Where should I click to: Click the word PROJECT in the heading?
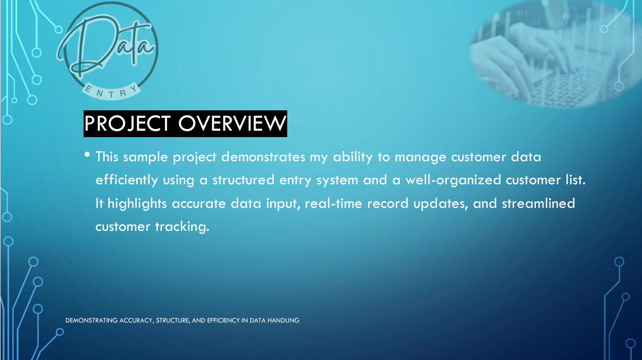click(128, 124)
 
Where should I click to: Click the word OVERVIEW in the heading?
click(232, 124)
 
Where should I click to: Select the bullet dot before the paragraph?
click(87, 155)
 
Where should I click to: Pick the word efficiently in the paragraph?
click(126, 181)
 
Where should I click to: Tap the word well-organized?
click(453, 181)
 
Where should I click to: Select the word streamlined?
click(539, 204)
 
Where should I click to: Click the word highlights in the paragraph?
click(137, 204)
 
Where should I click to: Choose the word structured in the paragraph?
click(243, 180)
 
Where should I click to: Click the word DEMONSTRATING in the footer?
click(92, 320)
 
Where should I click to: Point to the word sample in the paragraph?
click(145, 157)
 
